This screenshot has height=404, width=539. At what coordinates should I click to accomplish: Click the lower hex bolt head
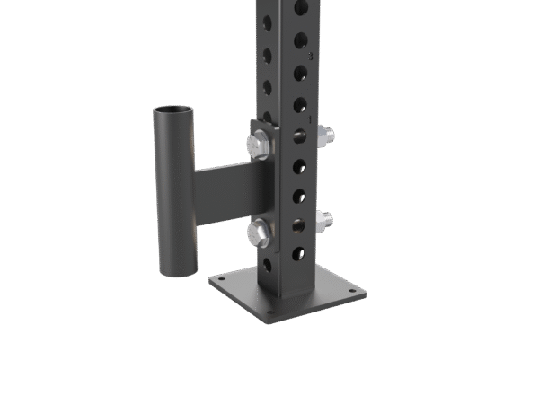259,234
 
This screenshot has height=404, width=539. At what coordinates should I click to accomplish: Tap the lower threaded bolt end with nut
323,219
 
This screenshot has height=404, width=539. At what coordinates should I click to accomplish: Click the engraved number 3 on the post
311,56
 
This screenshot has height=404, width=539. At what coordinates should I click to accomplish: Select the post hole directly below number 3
300,72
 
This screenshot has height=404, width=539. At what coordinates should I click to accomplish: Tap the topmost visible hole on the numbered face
300,8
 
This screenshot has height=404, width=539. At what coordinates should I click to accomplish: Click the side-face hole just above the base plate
267,264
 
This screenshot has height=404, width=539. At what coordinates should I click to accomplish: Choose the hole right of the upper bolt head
300,136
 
